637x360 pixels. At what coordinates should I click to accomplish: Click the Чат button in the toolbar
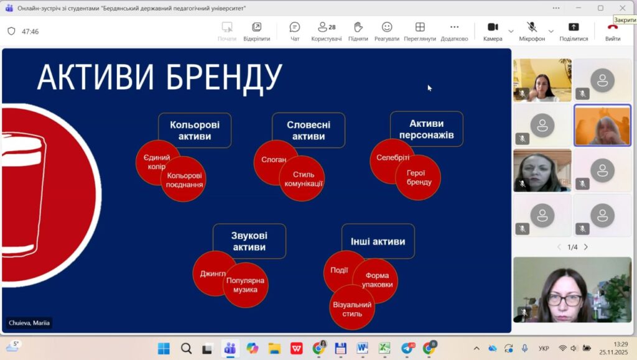(294, 31)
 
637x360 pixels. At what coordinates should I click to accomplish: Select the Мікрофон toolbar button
(532, 31)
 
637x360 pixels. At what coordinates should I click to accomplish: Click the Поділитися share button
(574, 31)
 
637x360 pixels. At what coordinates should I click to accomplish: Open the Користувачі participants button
(326, 31)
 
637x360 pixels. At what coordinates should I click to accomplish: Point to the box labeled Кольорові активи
(195, 131)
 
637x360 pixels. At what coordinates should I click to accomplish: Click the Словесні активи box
(309, 131)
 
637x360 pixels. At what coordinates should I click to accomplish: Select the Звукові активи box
(249, 241)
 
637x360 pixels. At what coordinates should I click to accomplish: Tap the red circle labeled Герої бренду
(419, 178)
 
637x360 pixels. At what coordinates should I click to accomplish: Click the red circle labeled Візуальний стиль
(352, 307)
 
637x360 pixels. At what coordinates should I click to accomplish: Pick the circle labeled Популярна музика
(245, 285)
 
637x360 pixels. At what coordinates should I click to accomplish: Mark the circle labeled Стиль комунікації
(302, 178)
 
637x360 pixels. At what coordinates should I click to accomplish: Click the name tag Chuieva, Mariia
(29, 323)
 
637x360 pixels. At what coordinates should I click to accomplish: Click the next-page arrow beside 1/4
(586, 247)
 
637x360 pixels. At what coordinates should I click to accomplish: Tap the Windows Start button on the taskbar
(164, 348)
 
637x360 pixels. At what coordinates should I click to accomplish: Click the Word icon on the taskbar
(362, 348)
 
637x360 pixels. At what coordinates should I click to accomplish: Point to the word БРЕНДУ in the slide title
(224, 76)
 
